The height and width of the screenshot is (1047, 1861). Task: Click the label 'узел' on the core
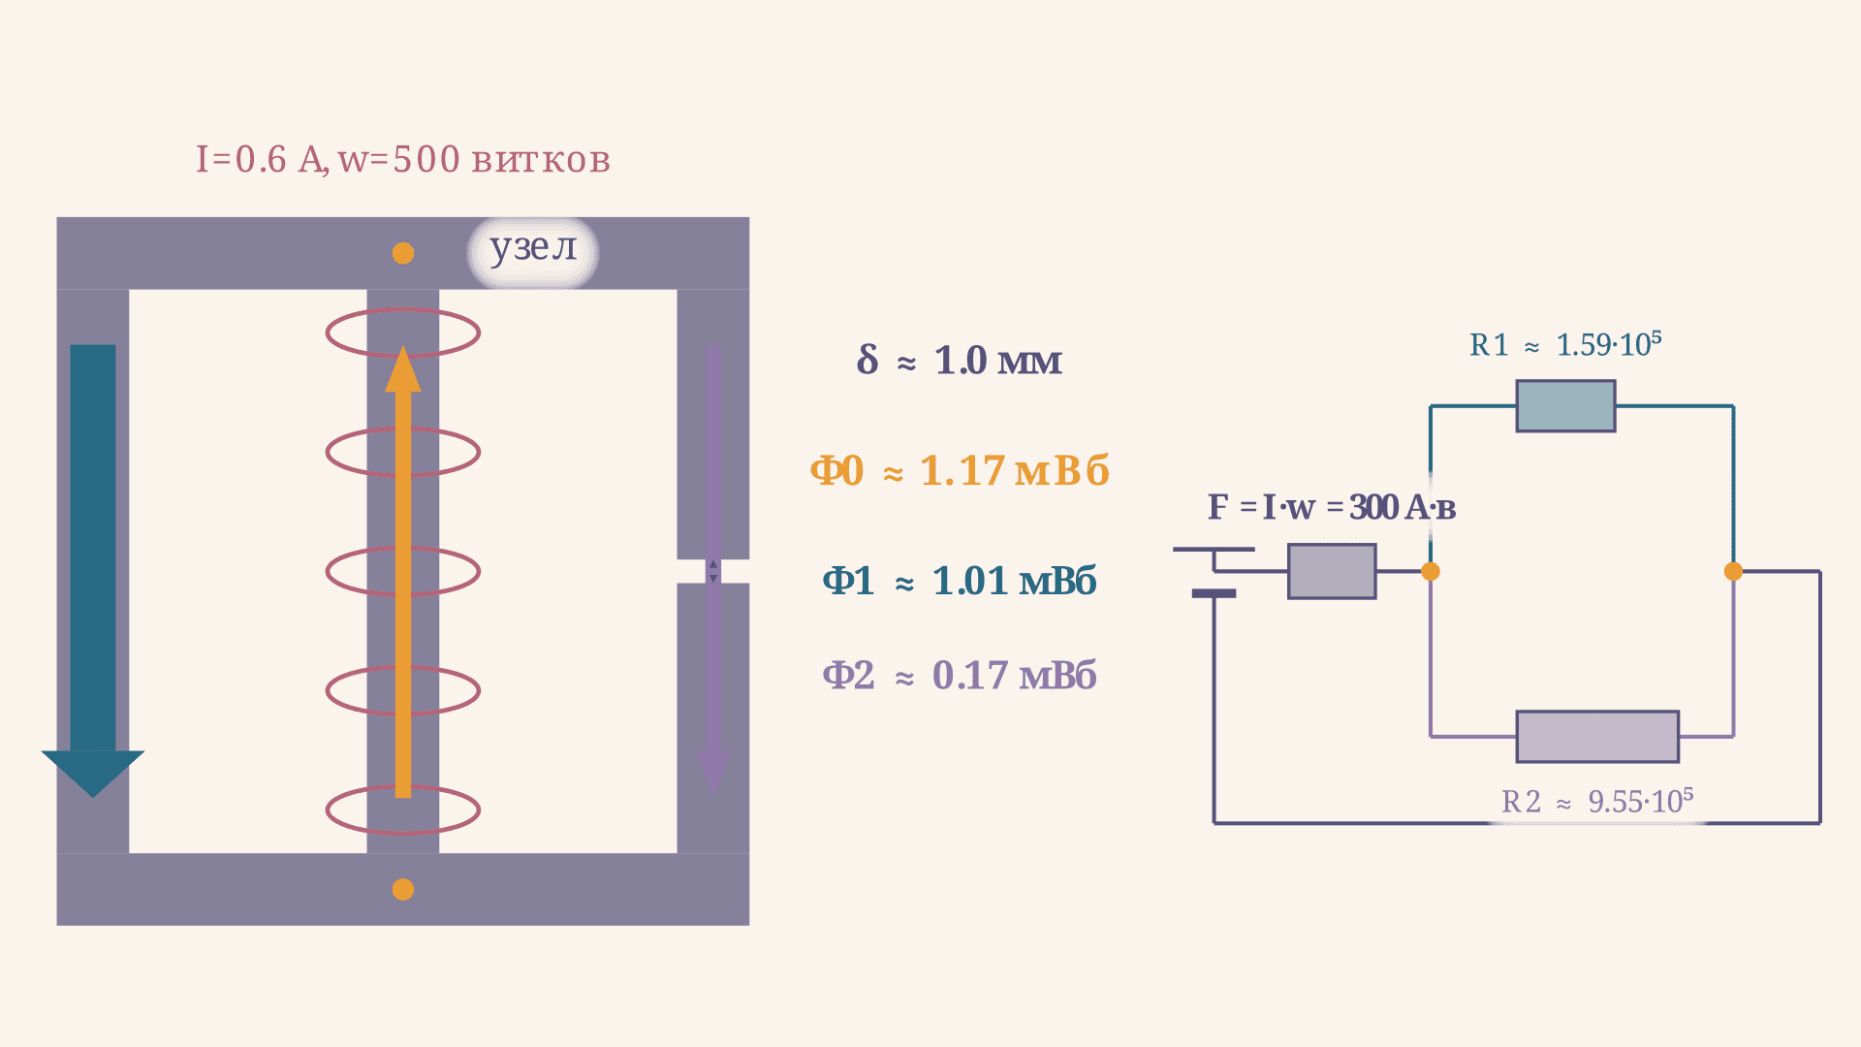tap(533, 248)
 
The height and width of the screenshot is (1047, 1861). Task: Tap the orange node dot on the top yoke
tap(403, 253)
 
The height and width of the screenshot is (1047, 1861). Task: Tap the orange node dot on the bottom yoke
tap(403, 889)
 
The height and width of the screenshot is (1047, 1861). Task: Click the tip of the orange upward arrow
tap(403, 346)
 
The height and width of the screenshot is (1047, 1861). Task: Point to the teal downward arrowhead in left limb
tap(93, 773)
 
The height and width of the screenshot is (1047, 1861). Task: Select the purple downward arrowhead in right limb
tap(713, 772)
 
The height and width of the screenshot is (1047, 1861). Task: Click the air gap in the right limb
tap(713, 571)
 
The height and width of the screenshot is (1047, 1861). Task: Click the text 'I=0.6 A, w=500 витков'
tap(403, 160)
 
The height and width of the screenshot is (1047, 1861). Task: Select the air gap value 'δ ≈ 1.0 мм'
tap(960, 361)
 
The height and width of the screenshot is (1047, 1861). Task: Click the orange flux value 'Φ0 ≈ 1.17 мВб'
tap(960, 471)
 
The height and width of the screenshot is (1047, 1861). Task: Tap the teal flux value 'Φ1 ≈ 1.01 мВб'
tap(960, 582)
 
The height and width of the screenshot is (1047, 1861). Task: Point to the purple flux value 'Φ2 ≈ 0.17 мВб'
tap(960, 676)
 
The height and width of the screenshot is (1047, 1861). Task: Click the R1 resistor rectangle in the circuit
tap(1565, 406)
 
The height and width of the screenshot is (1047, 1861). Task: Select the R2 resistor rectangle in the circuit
tap(1597, 737)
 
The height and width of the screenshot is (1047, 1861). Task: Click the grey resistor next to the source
tap(1332, 571)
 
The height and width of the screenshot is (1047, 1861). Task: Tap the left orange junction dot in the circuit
tap(1431, 571)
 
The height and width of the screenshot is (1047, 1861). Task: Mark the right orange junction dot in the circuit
tap(1734, 571)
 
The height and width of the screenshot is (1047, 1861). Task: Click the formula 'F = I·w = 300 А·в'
tap(1332, 507)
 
